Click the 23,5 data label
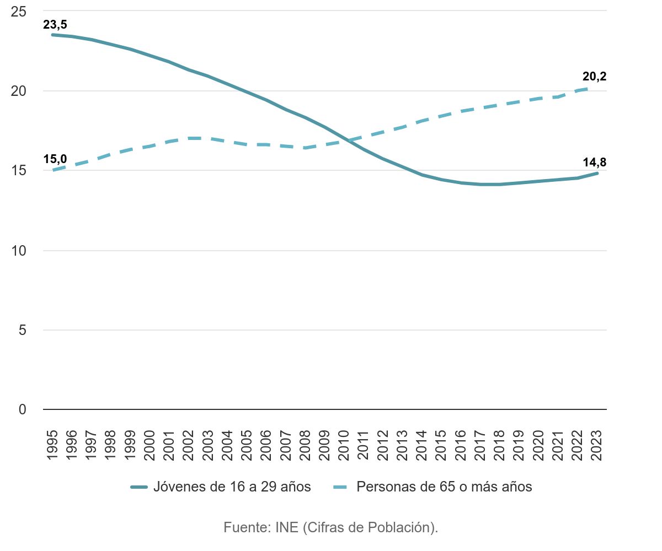click(x=55, y=24)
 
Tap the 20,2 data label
click(x=594, y=77)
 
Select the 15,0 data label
click(x=55, y=159)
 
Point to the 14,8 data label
click(x=594, y=163)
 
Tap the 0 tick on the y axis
click(x=23, y=410)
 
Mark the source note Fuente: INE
click(x=330, y=527)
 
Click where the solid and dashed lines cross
click(x=347, y=140)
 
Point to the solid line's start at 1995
click(x=52, y=35)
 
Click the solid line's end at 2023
click(x=597, y=174)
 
